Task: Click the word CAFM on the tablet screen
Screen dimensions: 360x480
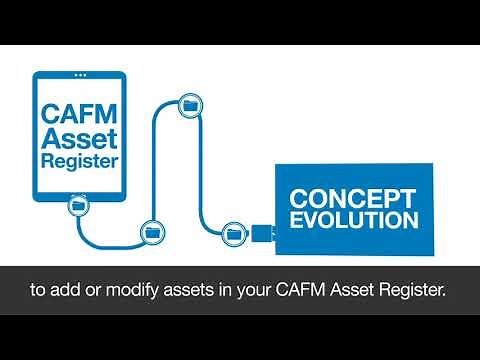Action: [79, 114]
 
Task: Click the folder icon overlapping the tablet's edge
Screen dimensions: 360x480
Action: [77, 206]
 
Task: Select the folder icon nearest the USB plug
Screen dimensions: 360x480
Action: [235, 232]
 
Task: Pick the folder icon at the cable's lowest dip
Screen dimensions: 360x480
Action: [153, 231]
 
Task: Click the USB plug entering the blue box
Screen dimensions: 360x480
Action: [263, 233]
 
